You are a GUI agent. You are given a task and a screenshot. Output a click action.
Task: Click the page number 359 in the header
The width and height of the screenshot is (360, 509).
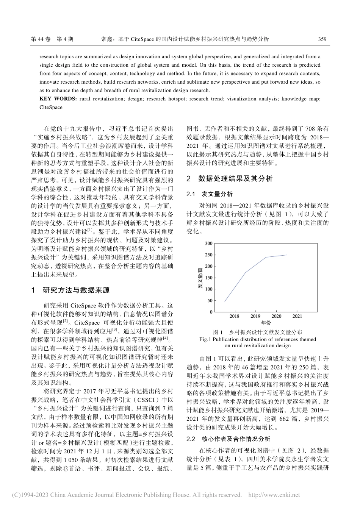(322, 39)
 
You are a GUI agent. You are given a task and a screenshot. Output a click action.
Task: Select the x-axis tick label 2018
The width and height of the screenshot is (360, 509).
(234, 316)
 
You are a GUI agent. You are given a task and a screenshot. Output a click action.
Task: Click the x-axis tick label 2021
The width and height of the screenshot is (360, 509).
(297, 316)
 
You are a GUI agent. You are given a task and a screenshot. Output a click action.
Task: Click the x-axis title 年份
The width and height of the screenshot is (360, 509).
(266, 323)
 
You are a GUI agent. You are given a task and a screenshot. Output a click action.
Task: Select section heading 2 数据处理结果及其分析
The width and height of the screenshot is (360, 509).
(230, 178)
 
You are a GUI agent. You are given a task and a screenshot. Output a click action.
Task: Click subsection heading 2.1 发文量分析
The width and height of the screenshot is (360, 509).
(210, 194)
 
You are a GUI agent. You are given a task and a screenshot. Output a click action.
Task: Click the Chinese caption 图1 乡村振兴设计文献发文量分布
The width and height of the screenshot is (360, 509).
(258, 332)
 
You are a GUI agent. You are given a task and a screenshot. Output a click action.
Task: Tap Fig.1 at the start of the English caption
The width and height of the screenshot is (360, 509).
(205, 339)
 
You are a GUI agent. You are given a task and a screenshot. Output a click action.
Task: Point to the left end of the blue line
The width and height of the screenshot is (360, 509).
(225, 301)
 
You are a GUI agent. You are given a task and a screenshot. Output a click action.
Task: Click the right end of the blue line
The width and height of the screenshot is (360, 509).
(286, 255)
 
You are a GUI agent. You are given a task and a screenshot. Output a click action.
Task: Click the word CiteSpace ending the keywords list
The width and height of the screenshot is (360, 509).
(51, 107)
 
